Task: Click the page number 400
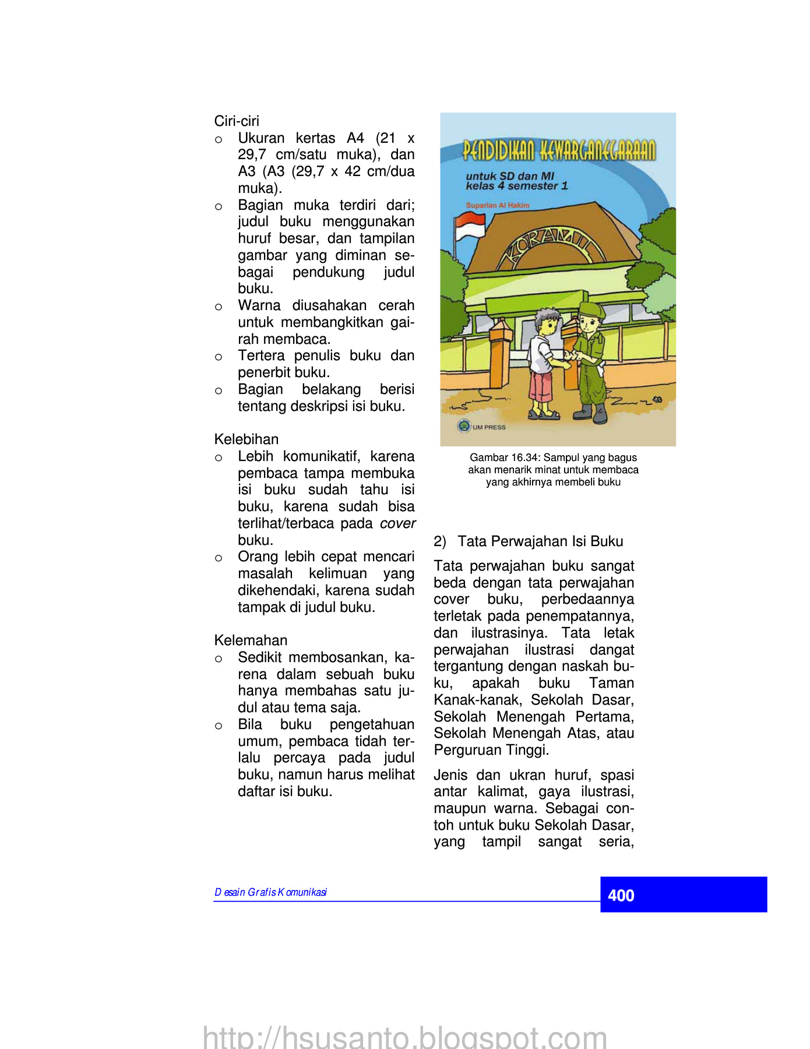click(x=621, y=895)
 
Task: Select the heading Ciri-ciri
click(x=237, y=121)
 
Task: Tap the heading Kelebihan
click(x=246, y=439)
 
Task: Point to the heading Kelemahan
click(x=251, y=640)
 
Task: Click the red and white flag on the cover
click(x=470, y=226)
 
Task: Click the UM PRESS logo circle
click(x=464, y=426)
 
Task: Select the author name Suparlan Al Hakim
click(x=498, y=205)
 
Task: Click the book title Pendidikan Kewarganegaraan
click(x=559, y=150)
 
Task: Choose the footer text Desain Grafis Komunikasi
click(x=271, y=892)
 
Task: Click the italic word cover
click(x=397, y=523)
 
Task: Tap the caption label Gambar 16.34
click(x=504, y=457)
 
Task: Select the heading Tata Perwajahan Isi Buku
click(x=540, y=541)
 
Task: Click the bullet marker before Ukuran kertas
click(x=219, y=140)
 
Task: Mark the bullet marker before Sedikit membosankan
click(x=219, y=659)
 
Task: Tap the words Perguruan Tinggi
click(x=491, y=750)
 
